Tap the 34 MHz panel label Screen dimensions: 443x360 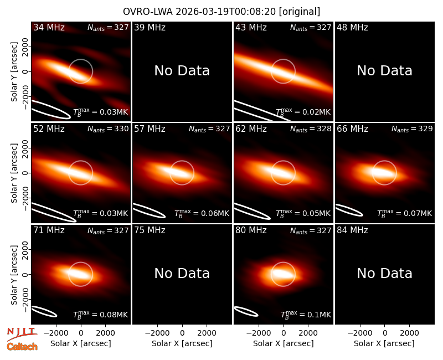click(x=49, y=27)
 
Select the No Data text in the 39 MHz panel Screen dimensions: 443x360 click(x=182, y=71)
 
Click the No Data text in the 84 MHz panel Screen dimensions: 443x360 click(x=384, y=273)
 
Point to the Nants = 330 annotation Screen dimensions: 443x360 click(x=108, y=129)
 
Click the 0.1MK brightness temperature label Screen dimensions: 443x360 click(x=306, y=315)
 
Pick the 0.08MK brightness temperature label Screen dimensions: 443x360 click(x=101, y=315)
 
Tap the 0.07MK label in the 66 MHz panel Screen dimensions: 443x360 click(x=405, y=213)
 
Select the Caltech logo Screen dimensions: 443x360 click(x=22, y=347)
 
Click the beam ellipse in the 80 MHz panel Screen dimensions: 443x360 click(x=246, y=311)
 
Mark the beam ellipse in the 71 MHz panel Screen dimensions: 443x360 click(x=44, y=311)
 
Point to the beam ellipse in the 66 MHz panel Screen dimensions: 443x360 click(x=349, y=210)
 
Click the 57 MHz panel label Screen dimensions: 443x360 click(x=150, y=129)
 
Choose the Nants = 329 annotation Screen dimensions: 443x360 click(x=412, y=129)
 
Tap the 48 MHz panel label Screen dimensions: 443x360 click(x=352, y=27)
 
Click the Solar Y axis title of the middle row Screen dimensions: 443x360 click(x=14, y=173)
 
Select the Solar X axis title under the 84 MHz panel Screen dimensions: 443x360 click(x=384, y=343)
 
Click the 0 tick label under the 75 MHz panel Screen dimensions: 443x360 click(x=182, y=333)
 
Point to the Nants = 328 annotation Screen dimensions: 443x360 click(x=311, y=129)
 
